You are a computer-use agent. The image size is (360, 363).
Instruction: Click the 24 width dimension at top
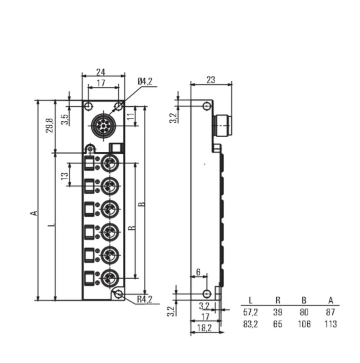pyautogui.click(x=101, y=71)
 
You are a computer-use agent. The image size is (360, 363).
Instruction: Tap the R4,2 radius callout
pyautogui.click(x=144, y=299)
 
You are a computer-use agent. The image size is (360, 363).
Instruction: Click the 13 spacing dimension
pyautogui.click(x=65, y=175)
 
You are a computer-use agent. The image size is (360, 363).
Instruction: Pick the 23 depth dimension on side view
pyautogui.click(x=211, y=80)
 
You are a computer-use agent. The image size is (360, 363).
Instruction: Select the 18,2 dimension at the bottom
pyautogui.click(x=205, y=328)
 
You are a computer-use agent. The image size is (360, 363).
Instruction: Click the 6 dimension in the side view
pyautogui.click(x=198, y=272)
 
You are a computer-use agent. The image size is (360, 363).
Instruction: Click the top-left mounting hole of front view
pyautogui.click(x=88, y=106)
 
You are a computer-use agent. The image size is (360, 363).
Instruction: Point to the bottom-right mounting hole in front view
pyautogui.click(x=119, y=294)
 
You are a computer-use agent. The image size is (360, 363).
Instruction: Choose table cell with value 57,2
pyautogui.click(x=250, y=312)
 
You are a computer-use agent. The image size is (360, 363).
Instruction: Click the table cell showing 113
pyautogui.click(x=331, y=324)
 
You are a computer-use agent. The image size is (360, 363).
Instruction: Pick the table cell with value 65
pyautogui.click(x=278, y=324)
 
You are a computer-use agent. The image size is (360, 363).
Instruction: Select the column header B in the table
pyautogui.click(x=304, y=301)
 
